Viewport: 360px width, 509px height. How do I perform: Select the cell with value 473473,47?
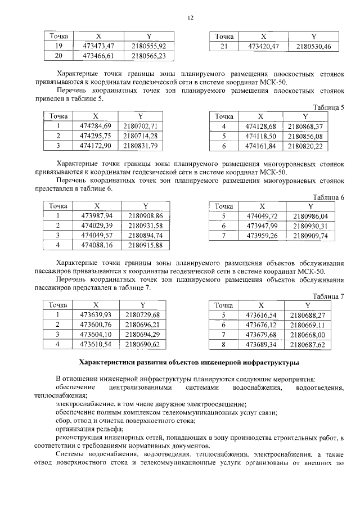point(98,46)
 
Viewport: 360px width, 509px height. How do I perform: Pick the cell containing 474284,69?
point(96,125)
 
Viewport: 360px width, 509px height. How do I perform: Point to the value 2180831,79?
point(143,146)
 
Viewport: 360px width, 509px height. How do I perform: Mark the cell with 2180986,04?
point(310,216)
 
